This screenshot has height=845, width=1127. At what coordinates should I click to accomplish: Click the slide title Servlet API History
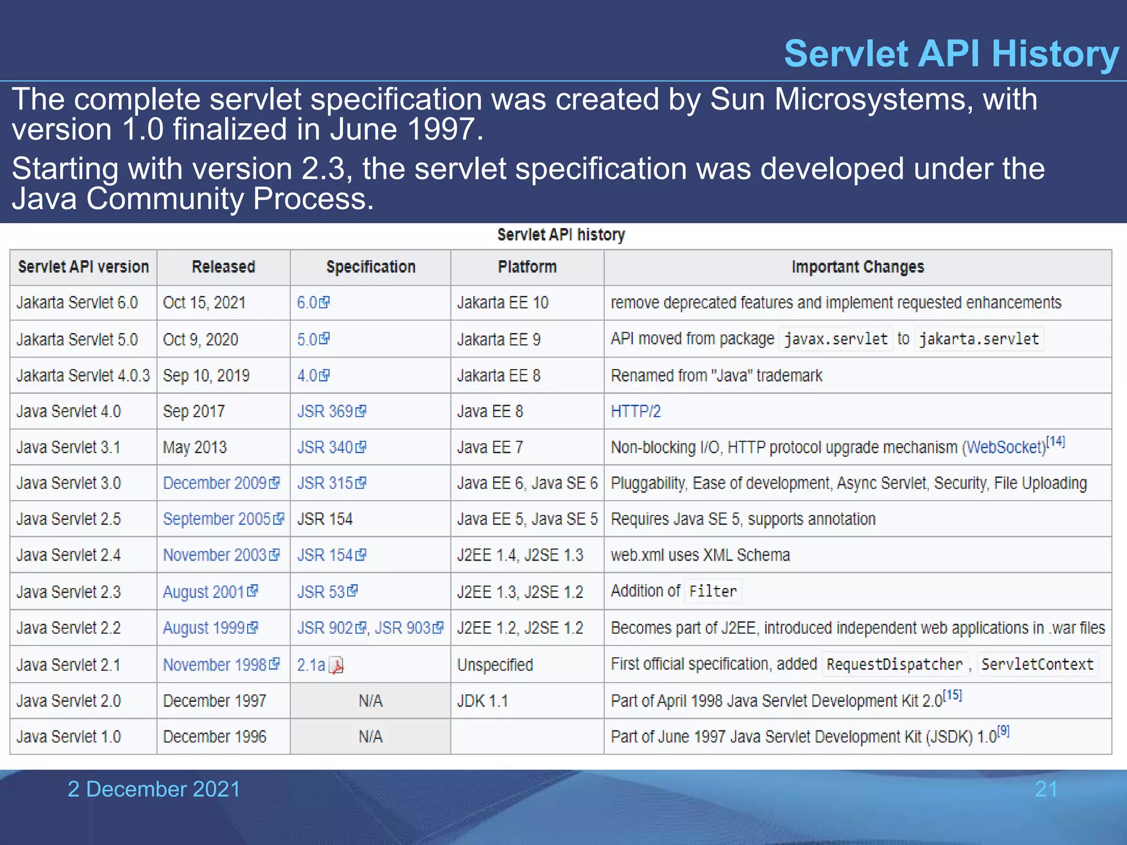(x=951, y=54)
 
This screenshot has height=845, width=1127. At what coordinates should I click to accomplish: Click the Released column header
(x=223, y=267)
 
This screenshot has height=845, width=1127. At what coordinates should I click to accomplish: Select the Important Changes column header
(x=857, y=267)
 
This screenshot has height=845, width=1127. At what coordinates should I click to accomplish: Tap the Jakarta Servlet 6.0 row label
(x=77, y=303)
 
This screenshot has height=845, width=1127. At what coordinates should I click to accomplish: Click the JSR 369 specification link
(x=325, y=411)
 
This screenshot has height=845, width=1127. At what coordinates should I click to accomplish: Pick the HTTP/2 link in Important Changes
(x=636, y=411)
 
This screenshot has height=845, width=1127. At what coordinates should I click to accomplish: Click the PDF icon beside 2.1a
(x=336, y=666)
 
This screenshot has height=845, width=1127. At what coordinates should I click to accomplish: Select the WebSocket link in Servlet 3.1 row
(x=1005, y=447)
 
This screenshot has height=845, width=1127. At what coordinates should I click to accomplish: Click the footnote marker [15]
(x=952, y=695)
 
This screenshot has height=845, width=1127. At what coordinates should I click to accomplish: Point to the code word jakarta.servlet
(x=979, y=339)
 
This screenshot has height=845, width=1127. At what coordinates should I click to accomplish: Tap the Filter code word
(x=713, y=591)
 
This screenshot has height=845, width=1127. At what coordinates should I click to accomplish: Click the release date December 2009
(x=215, y=483)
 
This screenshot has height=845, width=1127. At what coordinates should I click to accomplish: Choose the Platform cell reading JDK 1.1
(x=483, y=701)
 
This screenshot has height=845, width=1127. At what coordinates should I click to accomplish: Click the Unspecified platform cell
(x=495, y=665)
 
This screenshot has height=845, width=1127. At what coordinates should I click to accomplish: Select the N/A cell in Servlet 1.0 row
(x=370, y=737)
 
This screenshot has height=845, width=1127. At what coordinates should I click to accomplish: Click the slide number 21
(x=1046, y=789)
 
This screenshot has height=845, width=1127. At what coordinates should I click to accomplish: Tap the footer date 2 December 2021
(x=154, y=789)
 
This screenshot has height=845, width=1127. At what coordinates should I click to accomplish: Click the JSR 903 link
(x=402, y=628)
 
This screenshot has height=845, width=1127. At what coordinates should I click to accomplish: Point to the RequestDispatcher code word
(x=894, y=665)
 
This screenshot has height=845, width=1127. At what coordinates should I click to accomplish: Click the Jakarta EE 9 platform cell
(x=499, y=339)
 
